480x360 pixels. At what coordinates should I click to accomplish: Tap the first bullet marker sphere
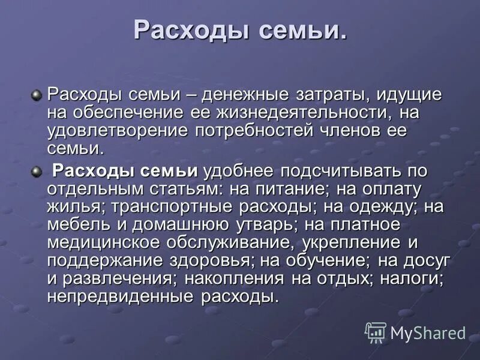click(37, 95)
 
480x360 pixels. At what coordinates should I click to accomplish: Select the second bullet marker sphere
click(37, 172)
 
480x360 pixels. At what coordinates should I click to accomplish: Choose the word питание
click(284, 189)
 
